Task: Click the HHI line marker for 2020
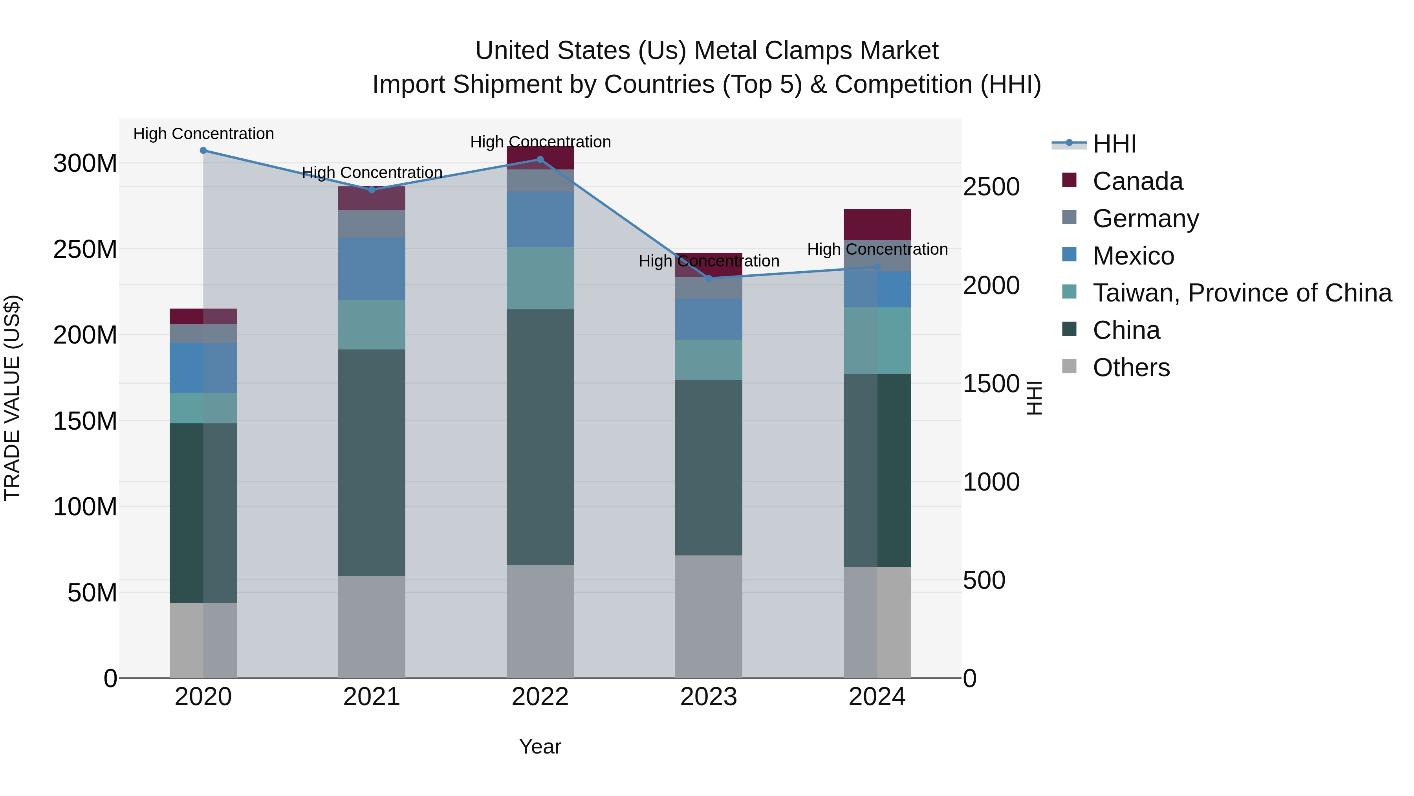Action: coord(203,151)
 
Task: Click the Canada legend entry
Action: coord(1137,181)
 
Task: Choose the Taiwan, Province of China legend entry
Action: coord(1242,293)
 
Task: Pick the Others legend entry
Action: coord(1131,368)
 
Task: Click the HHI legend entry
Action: coord(1114,144)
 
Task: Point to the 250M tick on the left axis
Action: coord(85,249)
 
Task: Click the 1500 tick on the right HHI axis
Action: coord(991,383)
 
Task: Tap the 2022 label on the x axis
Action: coord(540,697)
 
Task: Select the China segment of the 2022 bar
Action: coord(540,437)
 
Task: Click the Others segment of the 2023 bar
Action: coord(709,616)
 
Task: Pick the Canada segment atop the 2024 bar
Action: coord(877,224)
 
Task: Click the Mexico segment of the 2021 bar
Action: coord(372,268)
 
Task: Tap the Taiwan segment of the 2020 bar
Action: coord(203,408)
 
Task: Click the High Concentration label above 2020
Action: coord(203,134)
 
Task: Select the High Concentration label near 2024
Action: coord(877,249)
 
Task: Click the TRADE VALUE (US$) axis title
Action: coord(12,398)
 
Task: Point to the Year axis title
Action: coord(540,746)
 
